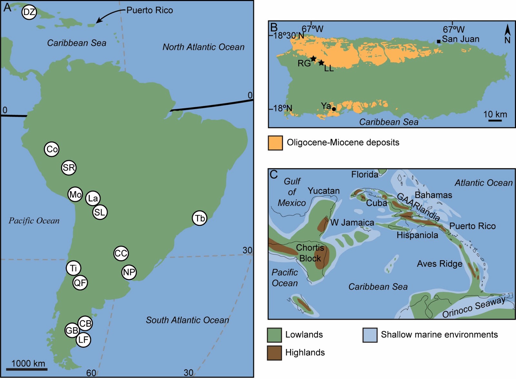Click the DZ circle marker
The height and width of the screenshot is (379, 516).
(x=29, y=13)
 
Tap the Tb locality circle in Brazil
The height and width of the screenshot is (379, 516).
(x=200, y=218)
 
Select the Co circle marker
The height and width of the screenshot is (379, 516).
(x=52, y=149)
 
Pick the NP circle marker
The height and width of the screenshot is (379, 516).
(x=129, y=272)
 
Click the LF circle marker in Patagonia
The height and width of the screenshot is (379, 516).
(x=83, y=340)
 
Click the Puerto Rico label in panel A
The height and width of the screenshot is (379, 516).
(x=149, y=10)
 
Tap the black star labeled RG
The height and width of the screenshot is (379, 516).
(x=313, y=59)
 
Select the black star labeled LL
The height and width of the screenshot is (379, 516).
(x=321, y=63)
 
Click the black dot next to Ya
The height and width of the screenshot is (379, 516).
(x=334, y=109)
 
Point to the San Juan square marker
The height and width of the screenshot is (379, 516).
(x=439, y=41)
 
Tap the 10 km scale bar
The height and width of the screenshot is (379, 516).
(x=495, y=120)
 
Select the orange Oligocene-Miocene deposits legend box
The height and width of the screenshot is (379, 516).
(x=275, y=143)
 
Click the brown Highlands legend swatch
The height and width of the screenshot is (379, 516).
(x=274, y=353)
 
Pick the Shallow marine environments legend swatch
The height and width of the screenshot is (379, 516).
(x=370, y=335)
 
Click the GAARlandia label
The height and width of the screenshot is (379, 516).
(x=418, y=207)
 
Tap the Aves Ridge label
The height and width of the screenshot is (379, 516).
(x=440, y=264)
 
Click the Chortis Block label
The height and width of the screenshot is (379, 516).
(x=310, y=253)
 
